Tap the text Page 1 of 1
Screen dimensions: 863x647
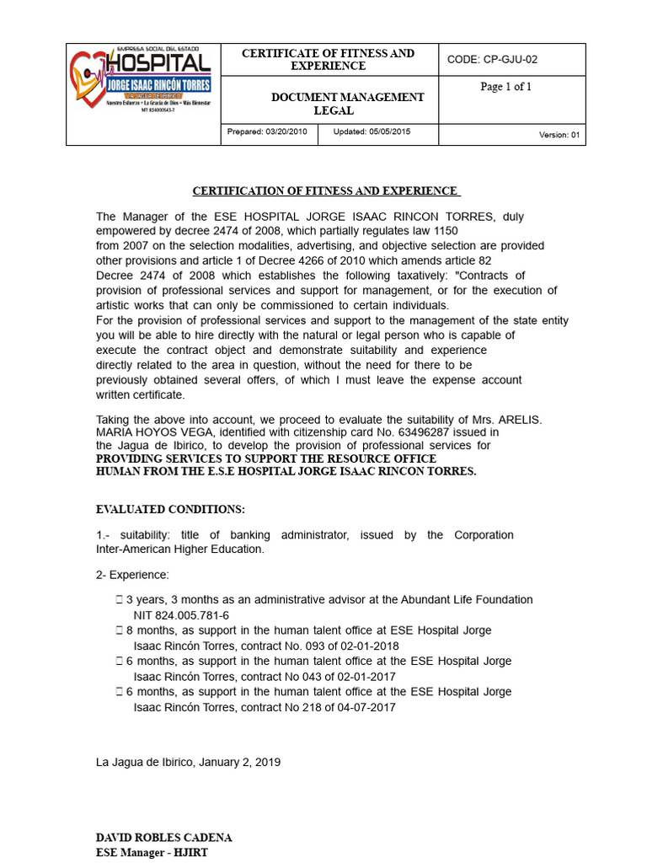(505, 87)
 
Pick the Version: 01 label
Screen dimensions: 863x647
(559, 135)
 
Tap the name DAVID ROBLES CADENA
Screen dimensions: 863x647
(164, 838)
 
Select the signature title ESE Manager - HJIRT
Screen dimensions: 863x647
(152, 852)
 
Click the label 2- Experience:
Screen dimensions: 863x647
(132, 575)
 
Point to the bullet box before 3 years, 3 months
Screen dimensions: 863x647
(119, 600)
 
